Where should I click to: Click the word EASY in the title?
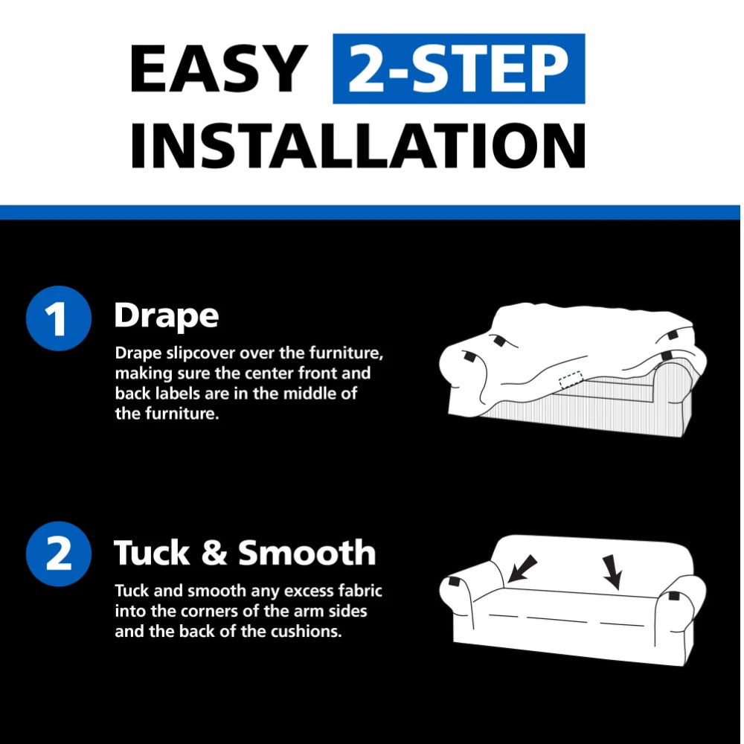point(219,68)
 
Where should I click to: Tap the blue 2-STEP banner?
point(459,68)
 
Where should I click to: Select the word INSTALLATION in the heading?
point(358,145)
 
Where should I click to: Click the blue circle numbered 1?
point(58,318)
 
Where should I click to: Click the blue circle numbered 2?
point(58,554)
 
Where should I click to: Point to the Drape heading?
point(167,316)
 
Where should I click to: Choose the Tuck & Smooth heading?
point(245,553)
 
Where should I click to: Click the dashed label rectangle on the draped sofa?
point(571,379)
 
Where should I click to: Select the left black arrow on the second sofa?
point(522,568)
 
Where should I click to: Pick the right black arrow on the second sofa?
point(612,571)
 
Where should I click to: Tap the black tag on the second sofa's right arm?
point(674,595)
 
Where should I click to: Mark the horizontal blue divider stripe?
point(370,212)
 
